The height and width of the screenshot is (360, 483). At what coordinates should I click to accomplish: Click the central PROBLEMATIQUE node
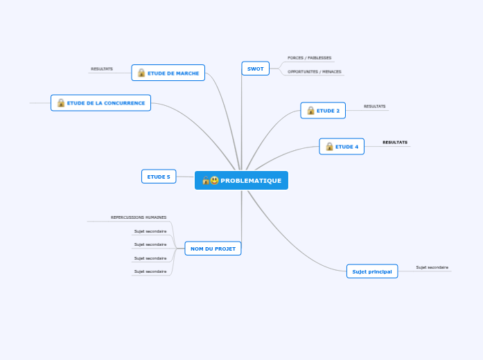tap(241, 180)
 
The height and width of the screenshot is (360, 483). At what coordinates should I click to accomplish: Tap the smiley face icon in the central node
tap(214, 180)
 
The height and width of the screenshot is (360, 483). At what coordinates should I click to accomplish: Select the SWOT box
tap(256, 69)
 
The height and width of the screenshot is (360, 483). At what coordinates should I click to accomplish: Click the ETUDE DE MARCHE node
tap(168, 73)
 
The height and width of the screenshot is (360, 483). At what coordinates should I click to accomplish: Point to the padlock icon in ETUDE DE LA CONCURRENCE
tap(61, 102)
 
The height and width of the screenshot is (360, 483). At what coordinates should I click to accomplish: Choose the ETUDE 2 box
tap(323, 111)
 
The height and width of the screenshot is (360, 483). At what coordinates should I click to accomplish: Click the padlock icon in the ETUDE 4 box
tap(330, 147)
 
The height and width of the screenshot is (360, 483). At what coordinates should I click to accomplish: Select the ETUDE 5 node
tap(159, 177)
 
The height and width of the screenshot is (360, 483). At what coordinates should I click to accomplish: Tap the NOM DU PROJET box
tap(213, 249)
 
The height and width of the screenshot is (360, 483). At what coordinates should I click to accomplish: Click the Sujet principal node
tap(372, 271)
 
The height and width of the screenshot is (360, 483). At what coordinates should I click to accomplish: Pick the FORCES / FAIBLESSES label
tap(309, 58)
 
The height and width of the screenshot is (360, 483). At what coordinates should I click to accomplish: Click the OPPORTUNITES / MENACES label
tap(314, 72)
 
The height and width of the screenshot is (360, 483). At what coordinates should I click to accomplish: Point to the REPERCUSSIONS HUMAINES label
tap(139, 217)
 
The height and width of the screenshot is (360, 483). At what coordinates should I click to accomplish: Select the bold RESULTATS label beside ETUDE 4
tap(395, 142)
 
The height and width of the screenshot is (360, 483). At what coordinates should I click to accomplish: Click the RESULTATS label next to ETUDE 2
tap(375, 106)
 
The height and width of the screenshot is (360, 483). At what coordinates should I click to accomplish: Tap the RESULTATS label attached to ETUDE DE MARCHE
tap(102, 69)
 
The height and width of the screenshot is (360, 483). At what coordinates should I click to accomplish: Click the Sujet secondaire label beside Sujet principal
tap(432, 267)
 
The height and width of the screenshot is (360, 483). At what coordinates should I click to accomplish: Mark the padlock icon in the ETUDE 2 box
tap(311, 111)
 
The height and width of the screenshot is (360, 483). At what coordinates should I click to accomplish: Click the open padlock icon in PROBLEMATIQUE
tap(206, 180)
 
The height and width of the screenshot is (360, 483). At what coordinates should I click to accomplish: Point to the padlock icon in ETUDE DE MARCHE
tap(141, 73)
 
